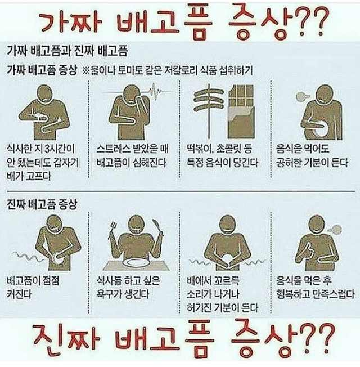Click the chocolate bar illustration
(x=240, y=111)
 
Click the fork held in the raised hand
(x=113, y=230)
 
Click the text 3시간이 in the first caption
(x=59, y=149)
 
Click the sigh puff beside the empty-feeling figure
(x=302, y=96)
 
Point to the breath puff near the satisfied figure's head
(x=335, y=229)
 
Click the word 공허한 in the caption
(x=289, y=163)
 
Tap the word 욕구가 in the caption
(x=110, y=294)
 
